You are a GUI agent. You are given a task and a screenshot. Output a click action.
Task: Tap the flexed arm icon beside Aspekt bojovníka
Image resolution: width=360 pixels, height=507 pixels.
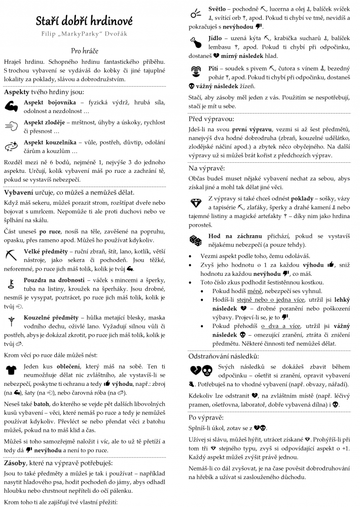coord(11,105)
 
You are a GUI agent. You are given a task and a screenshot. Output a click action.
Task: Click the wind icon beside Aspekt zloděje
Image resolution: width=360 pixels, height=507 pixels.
coord(11,126)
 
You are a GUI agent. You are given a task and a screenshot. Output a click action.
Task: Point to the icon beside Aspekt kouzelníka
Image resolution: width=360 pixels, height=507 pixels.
coord(11,146)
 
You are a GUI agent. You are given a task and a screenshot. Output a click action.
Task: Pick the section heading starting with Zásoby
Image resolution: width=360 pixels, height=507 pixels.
coord(58,462)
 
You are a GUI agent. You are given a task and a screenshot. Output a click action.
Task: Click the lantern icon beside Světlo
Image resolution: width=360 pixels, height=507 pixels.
coord(195,14)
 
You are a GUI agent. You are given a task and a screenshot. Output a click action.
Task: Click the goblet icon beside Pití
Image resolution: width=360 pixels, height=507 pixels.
coord(195,70)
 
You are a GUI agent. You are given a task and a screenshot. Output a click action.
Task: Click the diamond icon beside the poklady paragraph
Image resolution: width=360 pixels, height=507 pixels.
coord(195,203)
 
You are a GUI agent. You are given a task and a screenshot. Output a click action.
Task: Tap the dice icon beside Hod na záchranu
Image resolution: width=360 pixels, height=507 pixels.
coord(195,240)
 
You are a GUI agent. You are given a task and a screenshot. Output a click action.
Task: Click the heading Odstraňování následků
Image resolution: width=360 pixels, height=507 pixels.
coord(224,356)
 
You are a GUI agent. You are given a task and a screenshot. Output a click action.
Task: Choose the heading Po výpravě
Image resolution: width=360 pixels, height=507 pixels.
coord(206,417)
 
